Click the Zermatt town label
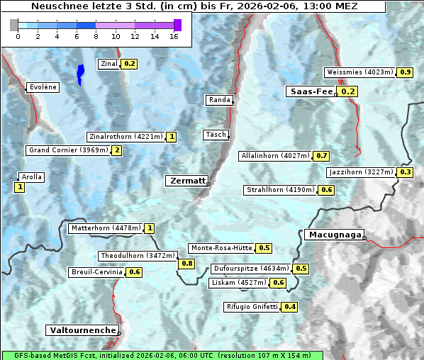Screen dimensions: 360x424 point(186,181)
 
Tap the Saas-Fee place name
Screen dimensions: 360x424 point(311,91)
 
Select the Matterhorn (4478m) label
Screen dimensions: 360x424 point(105,228)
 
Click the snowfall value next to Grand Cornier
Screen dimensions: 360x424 point(117,150)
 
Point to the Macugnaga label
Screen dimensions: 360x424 point(333,235)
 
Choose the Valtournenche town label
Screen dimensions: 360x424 point(82,330)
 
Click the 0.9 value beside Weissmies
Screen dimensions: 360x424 point(406,72)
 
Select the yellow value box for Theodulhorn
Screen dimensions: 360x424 point(187,264)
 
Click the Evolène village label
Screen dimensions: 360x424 point(43,87)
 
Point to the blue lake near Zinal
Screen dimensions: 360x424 point(80,74)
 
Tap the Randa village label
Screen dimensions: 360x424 point(219,100)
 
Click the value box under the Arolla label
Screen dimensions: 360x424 point(19,187)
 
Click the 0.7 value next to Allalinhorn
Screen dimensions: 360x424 point(322,156)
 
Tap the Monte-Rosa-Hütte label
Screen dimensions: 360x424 point(221,248)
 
